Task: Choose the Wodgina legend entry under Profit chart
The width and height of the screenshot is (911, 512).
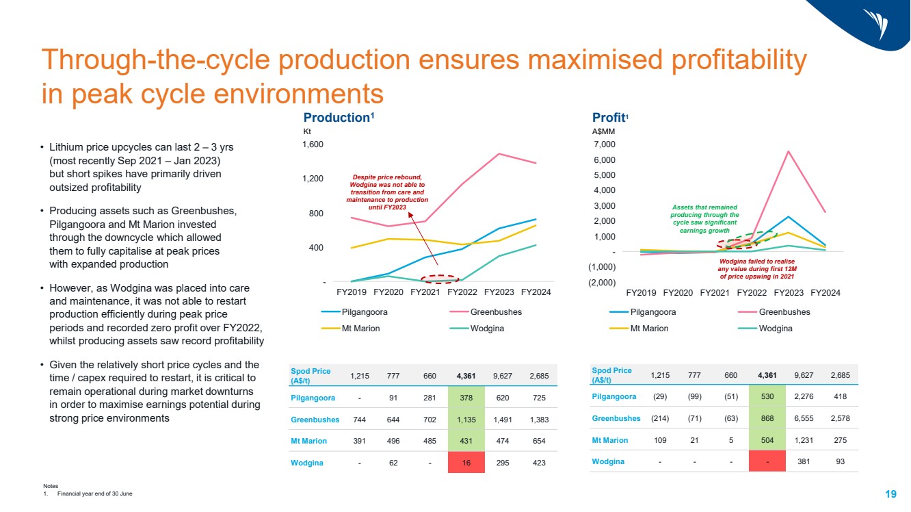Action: click(x=776, y=328)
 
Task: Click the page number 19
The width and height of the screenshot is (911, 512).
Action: click(x=890, y=494)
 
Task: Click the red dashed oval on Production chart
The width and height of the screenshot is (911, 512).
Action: click(x=440, y=279)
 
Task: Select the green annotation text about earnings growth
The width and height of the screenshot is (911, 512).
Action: click(x=704, y=219)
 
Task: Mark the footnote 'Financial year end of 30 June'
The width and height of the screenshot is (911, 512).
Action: click(x=90, y=494)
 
